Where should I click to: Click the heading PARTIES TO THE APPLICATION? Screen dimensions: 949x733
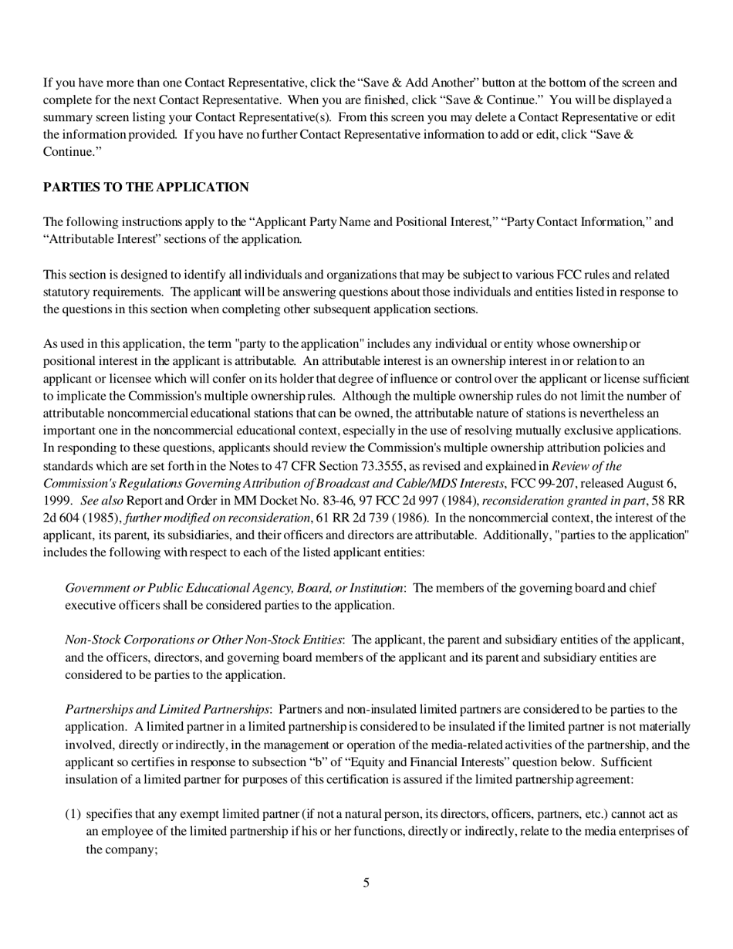point(146,187)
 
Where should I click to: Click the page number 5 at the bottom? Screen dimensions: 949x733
point(366,883)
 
